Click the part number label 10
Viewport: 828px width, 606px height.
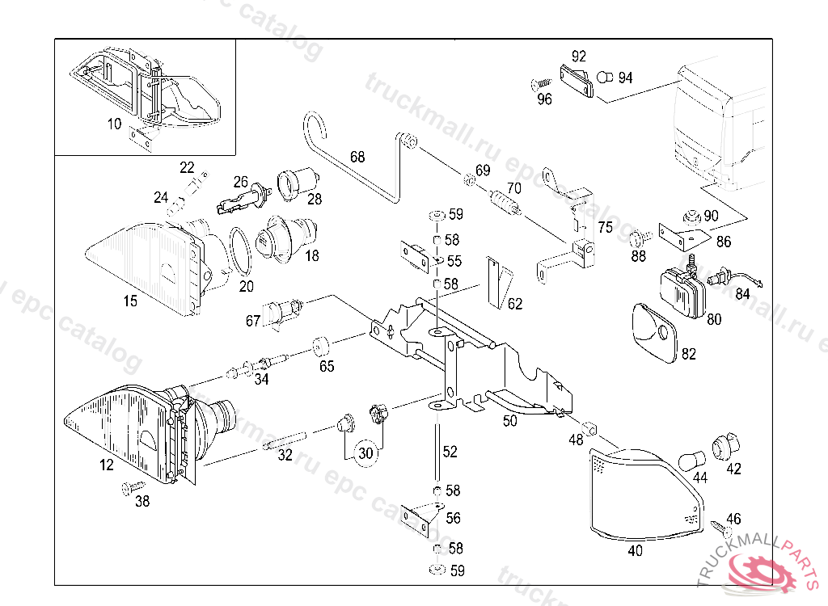(114, 124)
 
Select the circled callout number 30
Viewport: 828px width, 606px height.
(366, 453)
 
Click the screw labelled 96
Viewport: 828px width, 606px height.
(539, 83)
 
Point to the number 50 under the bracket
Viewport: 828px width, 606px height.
(509, 421)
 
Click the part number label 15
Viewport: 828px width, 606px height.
(130, 301)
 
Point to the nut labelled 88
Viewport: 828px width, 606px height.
(639, 238)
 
